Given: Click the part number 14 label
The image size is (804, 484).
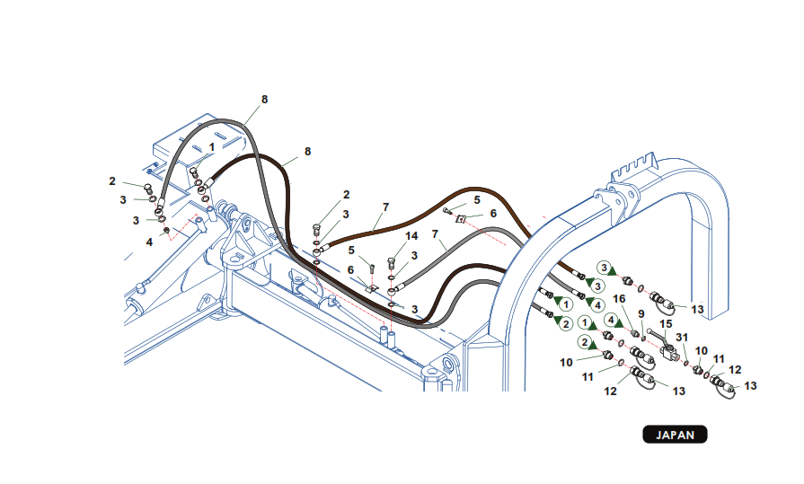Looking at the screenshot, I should tap(411, 236).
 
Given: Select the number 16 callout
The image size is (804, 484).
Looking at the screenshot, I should tap(618, 299).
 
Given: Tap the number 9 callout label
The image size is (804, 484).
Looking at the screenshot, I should tap(641, 313).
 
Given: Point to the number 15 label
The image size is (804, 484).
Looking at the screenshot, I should tap(666, 322).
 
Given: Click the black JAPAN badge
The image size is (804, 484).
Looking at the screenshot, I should tap(675, 435).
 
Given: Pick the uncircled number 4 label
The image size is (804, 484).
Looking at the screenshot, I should tap(149, 241).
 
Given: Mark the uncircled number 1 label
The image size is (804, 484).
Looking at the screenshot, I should tap(212, 145).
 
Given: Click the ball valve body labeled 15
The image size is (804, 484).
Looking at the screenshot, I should tap(670, 353).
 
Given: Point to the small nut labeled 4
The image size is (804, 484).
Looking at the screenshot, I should tap(166, 232).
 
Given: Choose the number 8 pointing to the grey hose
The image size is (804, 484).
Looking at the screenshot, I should tap(264, 99).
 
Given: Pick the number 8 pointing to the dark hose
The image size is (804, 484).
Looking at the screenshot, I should tap(307, 152).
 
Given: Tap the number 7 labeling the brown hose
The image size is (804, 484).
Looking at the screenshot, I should tap(385, 207).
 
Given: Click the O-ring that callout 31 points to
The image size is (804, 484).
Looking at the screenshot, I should tap(687, 364).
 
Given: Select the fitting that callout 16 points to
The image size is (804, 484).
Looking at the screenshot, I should tap(632, 334).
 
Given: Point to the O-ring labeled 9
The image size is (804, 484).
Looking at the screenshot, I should tap(644, 339).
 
